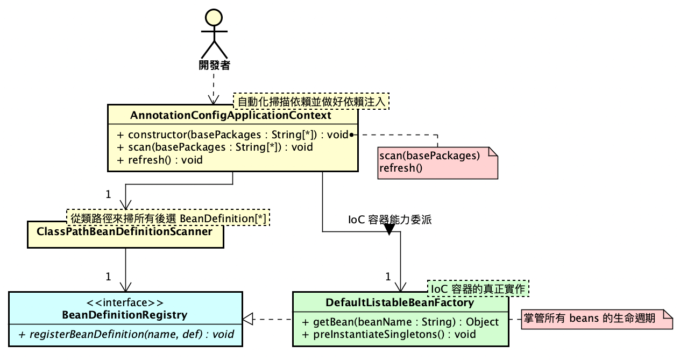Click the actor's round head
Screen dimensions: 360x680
[x=214, y=18]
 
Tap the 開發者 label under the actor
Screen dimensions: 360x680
[x=214, y=66]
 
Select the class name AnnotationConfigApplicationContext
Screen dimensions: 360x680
[x=231, y=116]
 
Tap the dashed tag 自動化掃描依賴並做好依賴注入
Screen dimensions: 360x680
[x=311, y=101]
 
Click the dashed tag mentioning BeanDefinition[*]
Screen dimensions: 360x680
[x=168, y=218]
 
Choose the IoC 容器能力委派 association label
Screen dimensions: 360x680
[x=389, y=220]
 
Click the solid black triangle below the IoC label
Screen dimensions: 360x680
[x=389, y=230]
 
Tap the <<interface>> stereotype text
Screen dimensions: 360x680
[x=125, y=302]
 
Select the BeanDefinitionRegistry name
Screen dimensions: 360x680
[x=125, y=315]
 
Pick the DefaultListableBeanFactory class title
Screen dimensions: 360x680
[x=400, y=303]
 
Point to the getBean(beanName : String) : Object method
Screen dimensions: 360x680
[x=401, y=322]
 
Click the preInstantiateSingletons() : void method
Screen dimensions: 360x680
[x=389, y=334]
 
